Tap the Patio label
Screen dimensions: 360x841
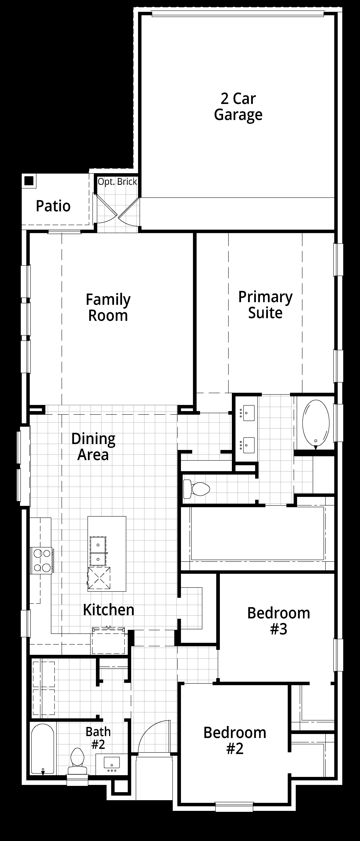click(x=53, y=206)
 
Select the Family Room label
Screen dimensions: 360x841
click(x=108, y=307)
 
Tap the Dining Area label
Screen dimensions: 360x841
click(x=93, y=447)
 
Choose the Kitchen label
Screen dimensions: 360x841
click(x=109, y=610)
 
